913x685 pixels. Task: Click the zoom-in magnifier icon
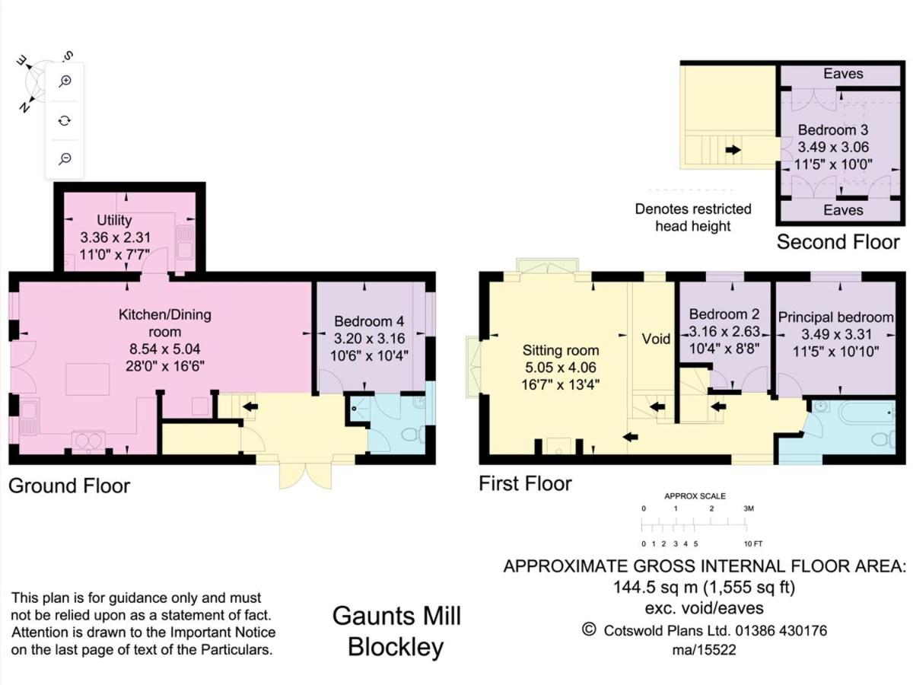pos(65,81)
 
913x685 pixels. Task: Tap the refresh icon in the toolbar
pos(65,120)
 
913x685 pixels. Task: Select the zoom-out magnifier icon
pos(65,158)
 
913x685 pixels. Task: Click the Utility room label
pos(114,220)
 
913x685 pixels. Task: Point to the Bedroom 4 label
pos(369,321)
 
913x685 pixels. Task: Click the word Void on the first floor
pos(656,339)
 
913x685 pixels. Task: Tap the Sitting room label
pos(561,350)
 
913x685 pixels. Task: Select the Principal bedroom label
pos(835,317)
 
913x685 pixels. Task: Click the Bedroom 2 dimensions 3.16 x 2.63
pos(724,332)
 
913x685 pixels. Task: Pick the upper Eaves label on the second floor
pos(843,74)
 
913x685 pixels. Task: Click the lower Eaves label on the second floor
pos(843,210)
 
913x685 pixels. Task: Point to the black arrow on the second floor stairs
pos(733,150)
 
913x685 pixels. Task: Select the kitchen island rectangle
pos(87,379)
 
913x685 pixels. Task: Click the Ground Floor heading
pos(69,486)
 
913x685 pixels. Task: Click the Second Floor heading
pos(838,241)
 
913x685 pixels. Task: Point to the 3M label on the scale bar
pos(749,508)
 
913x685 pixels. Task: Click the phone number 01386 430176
pos(781,630)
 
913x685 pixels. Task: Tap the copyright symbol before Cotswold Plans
pos(589,629)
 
